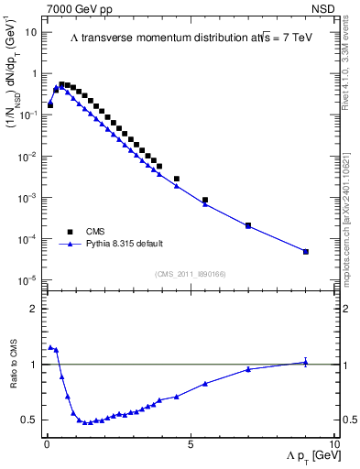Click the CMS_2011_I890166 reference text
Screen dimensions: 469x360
[190, 274]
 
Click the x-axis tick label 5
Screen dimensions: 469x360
[190, 443]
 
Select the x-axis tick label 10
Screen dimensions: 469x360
[333, 443]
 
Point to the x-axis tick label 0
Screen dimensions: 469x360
[45, 443]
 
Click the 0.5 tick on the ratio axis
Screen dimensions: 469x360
[30, 420]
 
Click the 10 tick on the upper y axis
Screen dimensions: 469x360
[30, 32]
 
